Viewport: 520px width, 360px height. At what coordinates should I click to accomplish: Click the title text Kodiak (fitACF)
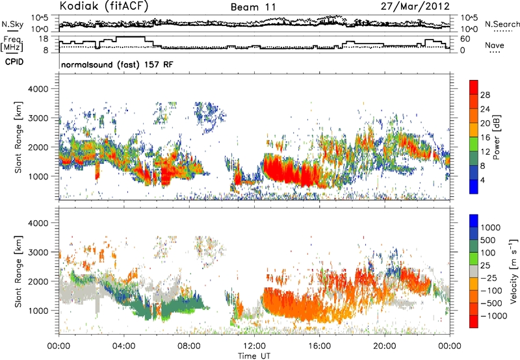coord(104,6)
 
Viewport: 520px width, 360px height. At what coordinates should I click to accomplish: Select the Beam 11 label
coord(253,7)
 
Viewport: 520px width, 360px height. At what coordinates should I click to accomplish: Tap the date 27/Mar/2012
coord(415,6)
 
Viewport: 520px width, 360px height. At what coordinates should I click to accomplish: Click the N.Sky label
coord(12,24)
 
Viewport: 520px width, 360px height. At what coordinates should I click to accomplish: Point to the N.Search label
coord(502,24)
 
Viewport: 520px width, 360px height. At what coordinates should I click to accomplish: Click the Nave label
coord(495,45)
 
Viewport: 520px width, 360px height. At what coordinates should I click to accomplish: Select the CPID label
coord(14,62)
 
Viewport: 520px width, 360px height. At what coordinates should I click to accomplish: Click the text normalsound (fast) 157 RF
coord(117,64)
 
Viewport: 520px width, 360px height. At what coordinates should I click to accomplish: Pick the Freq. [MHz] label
coord(12,44)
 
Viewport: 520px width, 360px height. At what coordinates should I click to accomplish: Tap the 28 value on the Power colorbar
coord(485,95)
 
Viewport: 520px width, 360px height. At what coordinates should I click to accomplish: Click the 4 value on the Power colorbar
coord(482,180)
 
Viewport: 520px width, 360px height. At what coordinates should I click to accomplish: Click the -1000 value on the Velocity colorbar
coord(494,316)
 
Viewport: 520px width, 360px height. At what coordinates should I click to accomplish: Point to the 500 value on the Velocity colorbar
coord(488,240)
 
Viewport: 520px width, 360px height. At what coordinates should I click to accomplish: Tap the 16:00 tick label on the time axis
coord(319,346)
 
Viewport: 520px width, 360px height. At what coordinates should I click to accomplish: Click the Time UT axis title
coord(254,356)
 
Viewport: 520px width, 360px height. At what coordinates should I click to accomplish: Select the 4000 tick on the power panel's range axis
coord(38,89)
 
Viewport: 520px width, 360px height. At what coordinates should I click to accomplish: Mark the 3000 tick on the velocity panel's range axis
coord(38,252)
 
